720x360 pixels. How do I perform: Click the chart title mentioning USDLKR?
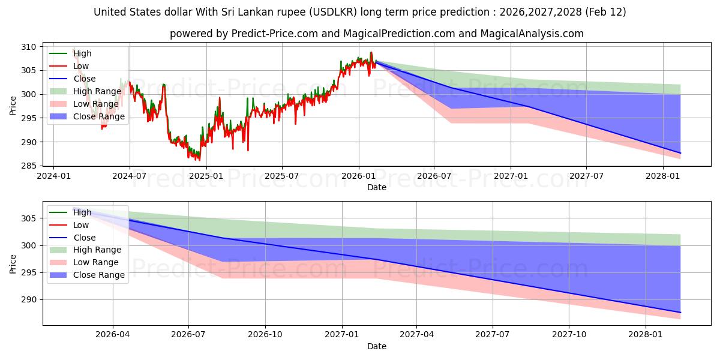point(360,12)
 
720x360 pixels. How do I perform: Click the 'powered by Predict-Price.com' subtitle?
point(376,34)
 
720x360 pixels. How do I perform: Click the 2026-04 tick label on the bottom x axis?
point(113,335)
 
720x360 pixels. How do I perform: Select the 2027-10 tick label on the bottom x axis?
point(569,335)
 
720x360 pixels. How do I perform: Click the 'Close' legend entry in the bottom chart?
point(84,238)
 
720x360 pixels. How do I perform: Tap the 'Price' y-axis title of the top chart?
point(13,106)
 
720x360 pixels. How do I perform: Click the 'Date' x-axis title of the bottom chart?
point(376,346)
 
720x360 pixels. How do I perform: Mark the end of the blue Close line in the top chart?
point(680,153)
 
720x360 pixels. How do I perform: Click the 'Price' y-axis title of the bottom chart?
point(13,264)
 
